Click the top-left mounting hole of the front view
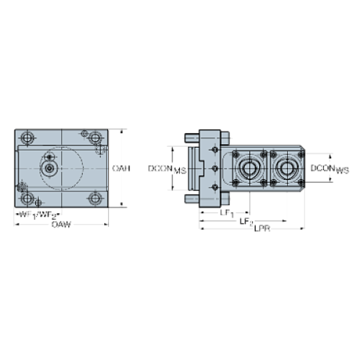click(x=27, y=137)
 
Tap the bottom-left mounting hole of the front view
click(x=27, y=198)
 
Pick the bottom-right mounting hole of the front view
click(x=94, y=198)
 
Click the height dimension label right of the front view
click(x=121, y=169)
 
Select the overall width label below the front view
click(x=62, y=224)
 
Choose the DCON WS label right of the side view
click(x=329, y=170)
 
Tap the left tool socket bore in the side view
click(x=246, y=169)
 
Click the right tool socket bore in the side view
click(x=284, y=169)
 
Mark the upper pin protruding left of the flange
click(x=190, y=137)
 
